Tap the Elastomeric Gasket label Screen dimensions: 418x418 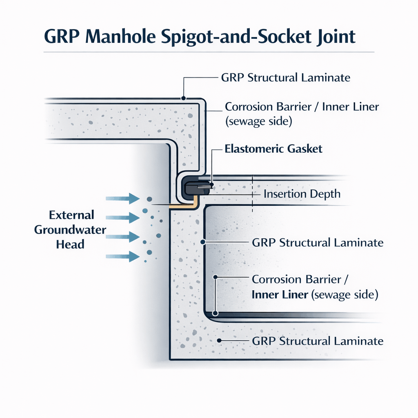point(273,149)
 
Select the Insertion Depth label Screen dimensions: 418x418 point(302,193)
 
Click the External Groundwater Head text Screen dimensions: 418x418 point(70,229)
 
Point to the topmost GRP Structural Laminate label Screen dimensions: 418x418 point(286,78)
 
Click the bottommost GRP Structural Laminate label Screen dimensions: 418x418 point(318,341)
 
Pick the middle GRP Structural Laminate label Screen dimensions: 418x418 point(318,242)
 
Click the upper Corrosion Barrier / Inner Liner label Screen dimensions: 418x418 point(302,113)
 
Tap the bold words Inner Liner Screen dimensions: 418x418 point(280,294)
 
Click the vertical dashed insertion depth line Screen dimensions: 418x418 point(253,194)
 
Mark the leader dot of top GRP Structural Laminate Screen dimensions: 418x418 point(184,98)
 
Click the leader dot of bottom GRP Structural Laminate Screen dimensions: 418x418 point(219,340)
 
